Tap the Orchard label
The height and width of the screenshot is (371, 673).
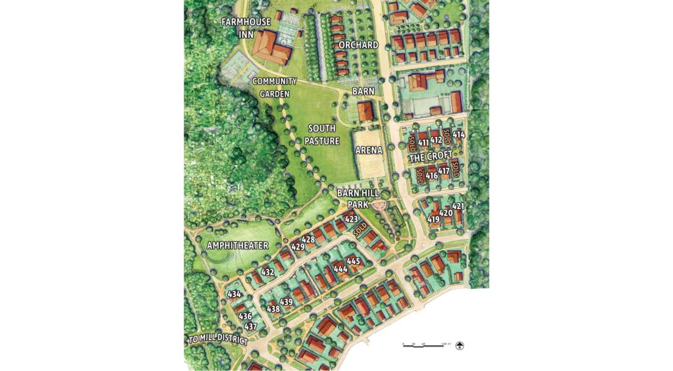(358, 45)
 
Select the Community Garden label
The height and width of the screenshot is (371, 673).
(275, 87)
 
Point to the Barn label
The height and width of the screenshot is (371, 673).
(363, 91)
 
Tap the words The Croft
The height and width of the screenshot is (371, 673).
(431, 157)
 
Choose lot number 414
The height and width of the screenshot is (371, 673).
(459, 135)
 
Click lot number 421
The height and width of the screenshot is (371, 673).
(458, 207)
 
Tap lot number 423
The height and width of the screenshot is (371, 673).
(352, 218)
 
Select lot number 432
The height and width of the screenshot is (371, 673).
(267, 271)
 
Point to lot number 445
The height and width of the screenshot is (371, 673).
(354, 261)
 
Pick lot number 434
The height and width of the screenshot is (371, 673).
(234, 293)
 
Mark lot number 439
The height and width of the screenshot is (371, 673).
(287, 302)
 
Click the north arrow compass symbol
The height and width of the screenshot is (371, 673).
(459, 345)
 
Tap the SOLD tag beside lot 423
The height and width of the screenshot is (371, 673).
(360, 230)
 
